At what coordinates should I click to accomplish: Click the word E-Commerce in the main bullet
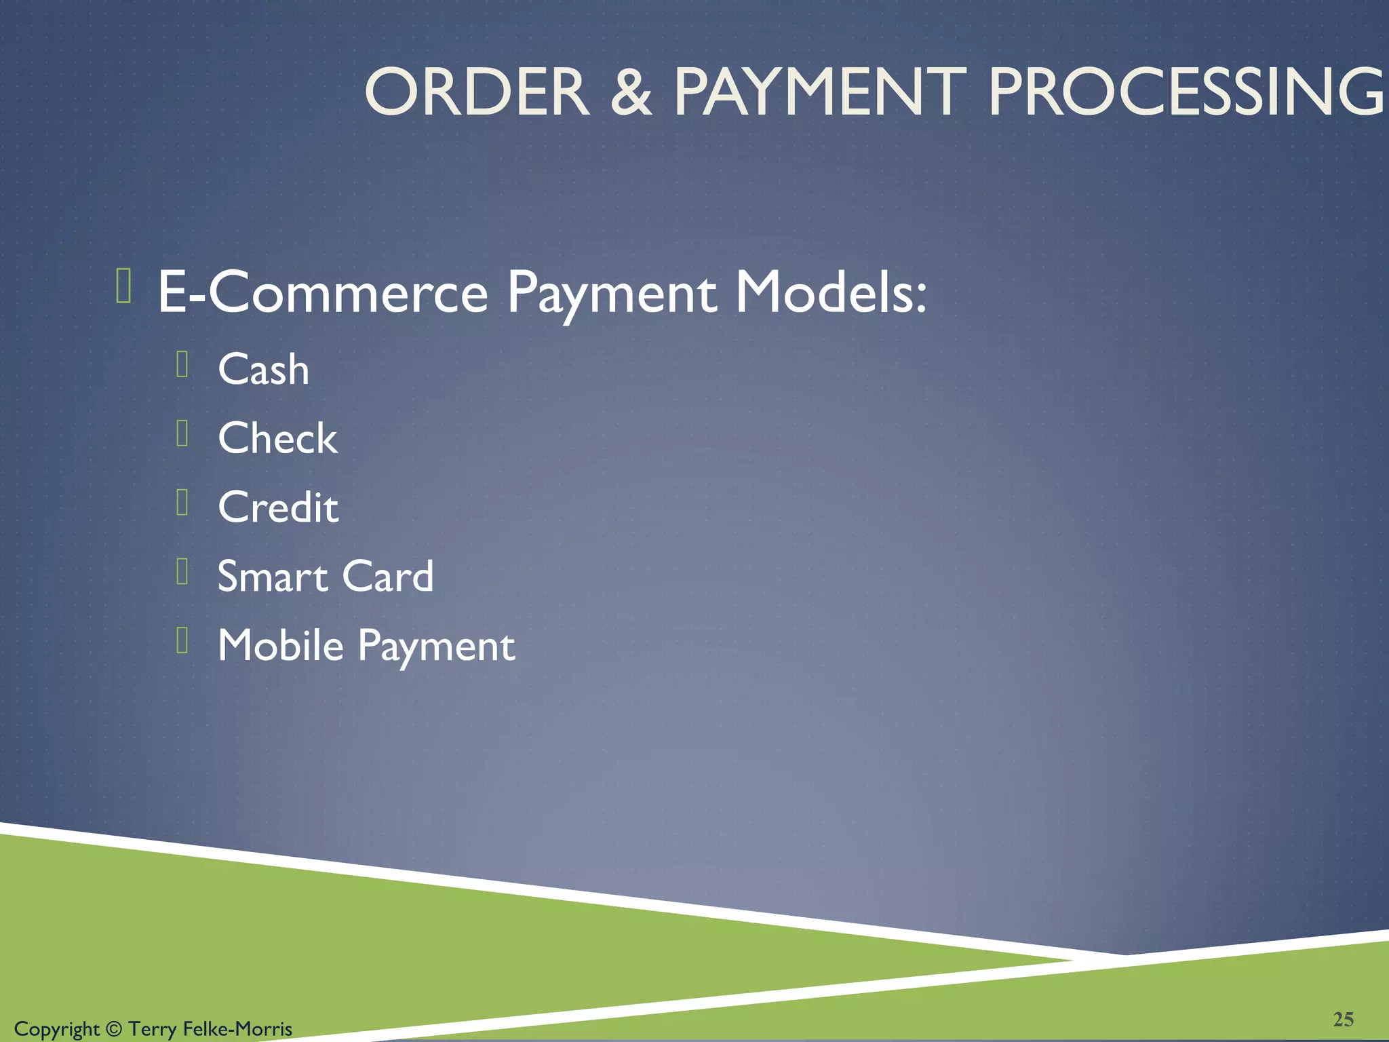click(x=323, y=293)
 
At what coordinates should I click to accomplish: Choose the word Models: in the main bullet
click(x=831, y=293)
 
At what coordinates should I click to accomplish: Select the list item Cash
click(x=263, y=370)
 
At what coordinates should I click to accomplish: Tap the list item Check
click(x=277, y=438)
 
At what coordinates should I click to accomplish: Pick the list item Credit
click(x=278, y=507)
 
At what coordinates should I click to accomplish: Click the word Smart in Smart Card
click(x=273, y=577)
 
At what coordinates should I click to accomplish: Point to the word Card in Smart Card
click(x=387, y=577)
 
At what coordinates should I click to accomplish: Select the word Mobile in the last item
click(x=281, y=645)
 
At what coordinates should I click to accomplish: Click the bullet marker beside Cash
click(x=182, y=364)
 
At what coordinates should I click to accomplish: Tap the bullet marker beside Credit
click(x=182, y=503)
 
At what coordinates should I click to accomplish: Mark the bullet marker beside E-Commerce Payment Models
click(x=123, y=286)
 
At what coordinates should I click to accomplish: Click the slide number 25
click(x=1343, y=1019)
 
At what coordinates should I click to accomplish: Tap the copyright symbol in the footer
click(x=114, y=1029)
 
